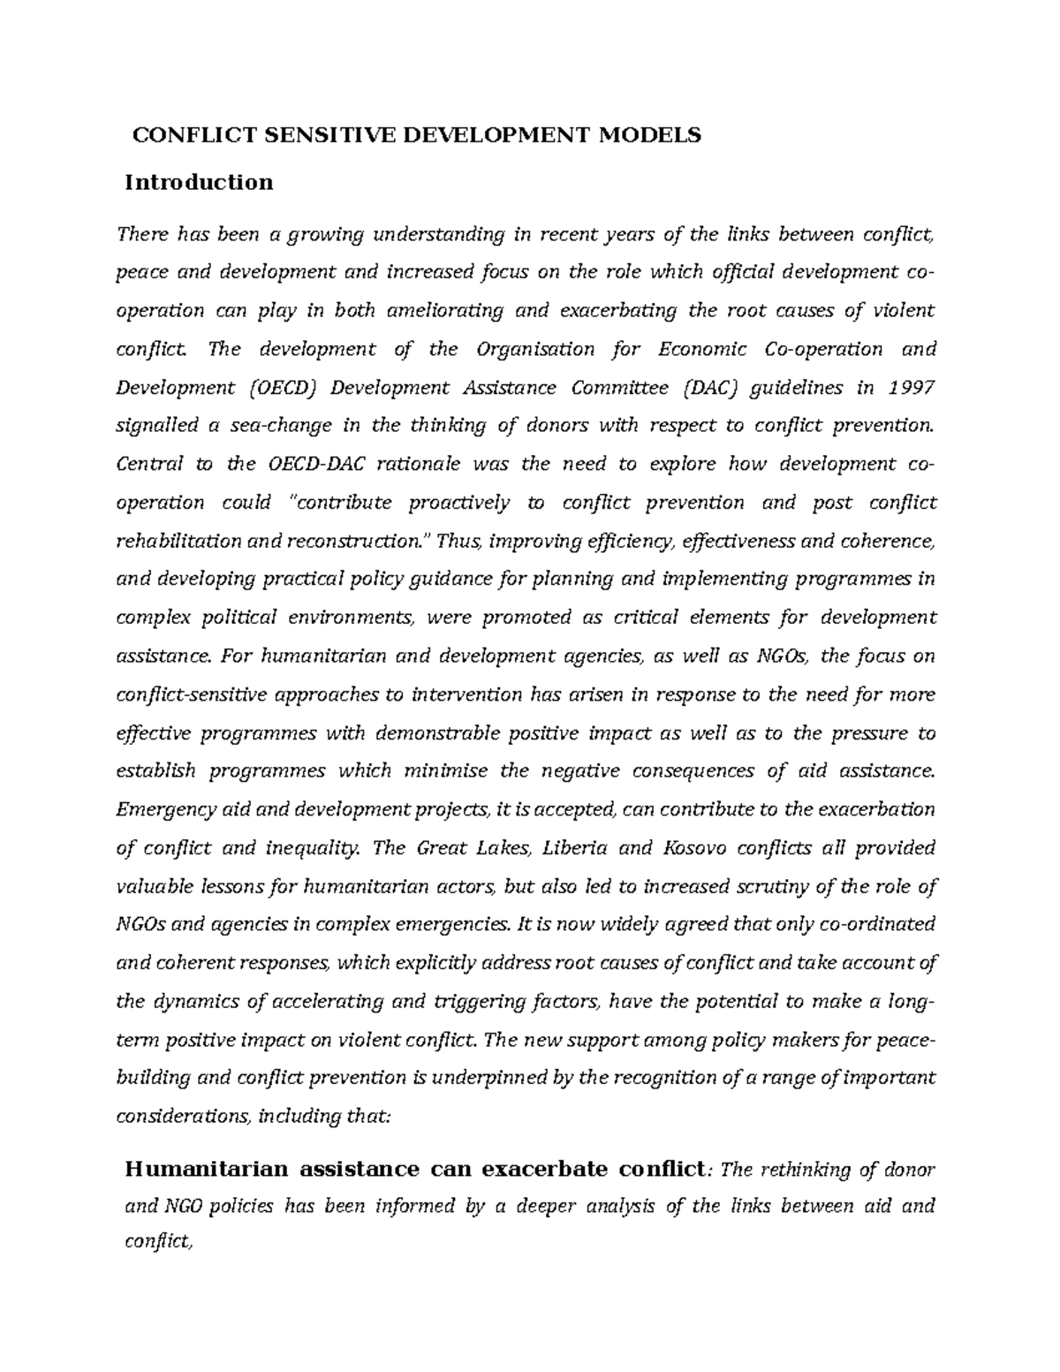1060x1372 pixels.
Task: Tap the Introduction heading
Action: [199, 183]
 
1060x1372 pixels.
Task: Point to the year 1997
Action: [911, 388]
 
